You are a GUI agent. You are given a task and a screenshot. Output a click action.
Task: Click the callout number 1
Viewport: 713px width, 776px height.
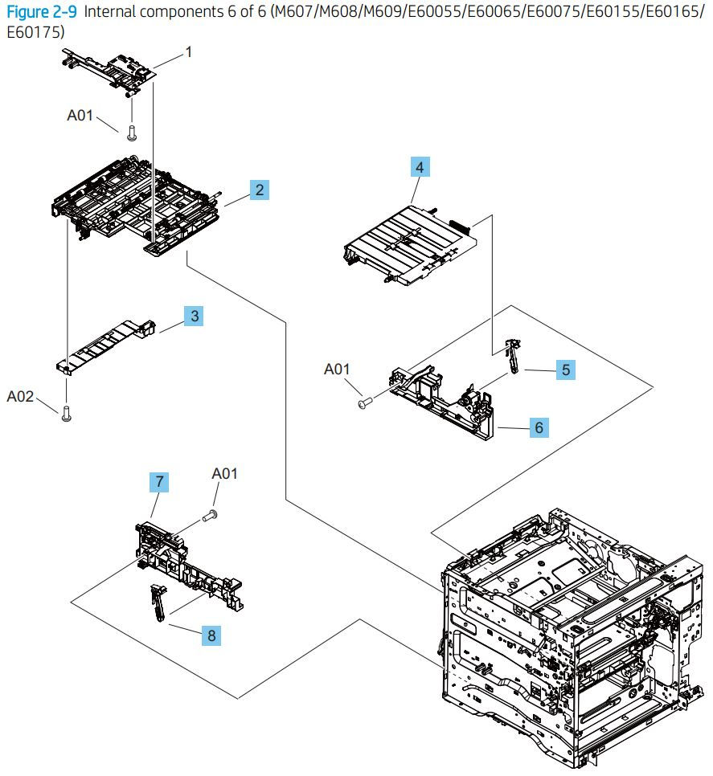click(189, 52)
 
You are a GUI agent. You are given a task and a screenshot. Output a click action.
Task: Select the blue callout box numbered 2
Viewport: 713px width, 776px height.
click(258, 190)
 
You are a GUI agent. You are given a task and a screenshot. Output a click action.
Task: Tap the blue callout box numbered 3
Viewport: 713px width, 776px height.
click(193, 317)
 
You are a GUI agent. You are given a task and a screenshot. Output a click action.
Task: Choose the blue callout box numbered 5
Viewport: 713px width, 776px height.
click(566, 370)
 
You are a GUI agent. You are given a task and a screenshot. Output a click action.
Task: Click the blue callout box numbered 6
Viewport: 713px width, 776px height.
click(539, 427)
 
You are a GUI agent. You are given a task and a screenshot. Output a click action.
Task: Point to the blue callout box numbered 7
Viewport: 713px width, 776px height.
click(160, 482)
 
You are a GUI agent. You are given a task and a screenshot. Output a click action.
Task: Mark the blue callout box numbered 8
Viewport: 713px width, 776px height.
click(211, 635)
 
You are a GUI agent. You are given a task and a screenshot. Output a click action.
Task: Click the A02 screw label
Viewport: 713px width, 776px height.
click(22, 396)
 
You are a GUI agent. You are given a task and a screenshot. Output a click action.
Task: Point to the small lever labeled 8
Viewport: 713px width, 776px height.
click(156, 602)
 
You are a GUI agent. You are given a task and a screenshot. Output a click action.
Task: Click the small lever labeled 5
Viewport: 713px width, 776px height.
click(510, 354)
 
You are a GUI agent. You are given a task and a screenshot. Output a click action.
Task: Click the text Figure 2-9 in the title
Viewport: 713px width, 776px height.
click(41, 12)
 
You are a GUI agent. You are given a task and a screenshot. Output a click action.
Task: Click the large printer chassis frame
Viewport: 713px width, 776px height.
click(563, 635)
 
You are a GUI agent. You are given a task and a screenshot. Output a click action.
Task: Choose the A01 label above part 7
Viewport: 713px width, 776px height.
click(225, 474)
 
